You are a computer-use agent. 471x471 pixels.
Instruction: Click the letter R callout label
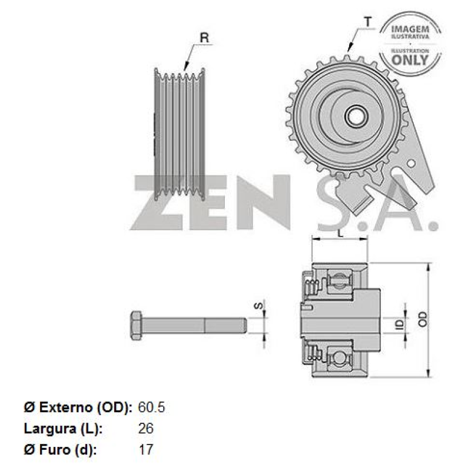[x=204, y=38]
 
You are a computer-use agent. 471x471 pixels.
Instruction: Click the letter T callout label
[x=367, y=22]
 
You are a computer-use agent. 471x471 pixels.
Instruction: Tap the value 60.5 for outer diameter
[x=151, y=407]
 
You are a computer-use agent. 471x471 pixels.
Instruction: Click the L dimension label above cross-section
[x=340, y=233]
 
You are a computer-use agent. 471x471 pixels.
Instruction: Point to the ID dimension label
[x=399, y=324]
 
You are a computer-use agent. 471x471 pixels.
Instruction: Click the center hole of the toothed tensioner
[x=355, y=115]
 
